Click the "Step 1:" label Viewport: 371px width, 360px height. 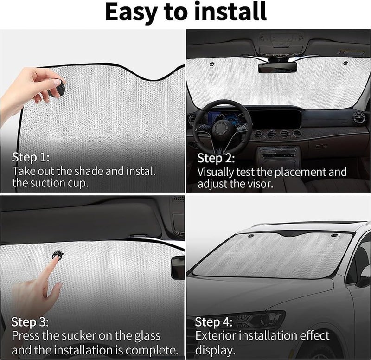pos(31,157)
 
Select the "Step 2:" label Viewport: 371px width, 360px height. pos(216,158)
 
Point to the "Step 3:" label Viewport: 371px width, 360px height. pos(30,322)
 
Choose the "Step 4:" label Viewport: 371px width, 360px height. pos(214,322)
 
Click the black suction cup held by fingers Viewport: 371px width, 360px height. pos(58,89)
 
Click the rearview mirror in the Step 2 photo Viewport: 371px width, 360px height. pos(277,68)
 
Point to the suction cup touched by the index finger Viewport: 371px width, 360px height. pos(57,255)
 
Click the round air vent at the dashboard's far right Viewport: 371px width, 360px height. pos(358,118)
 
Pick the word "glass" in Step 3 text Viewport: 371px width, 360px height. pos(147,336)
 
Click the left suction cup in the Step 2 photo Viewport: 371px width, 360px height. pos(211,63)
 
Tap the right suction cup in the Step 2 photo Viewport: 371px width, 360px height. pos(345,63)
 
